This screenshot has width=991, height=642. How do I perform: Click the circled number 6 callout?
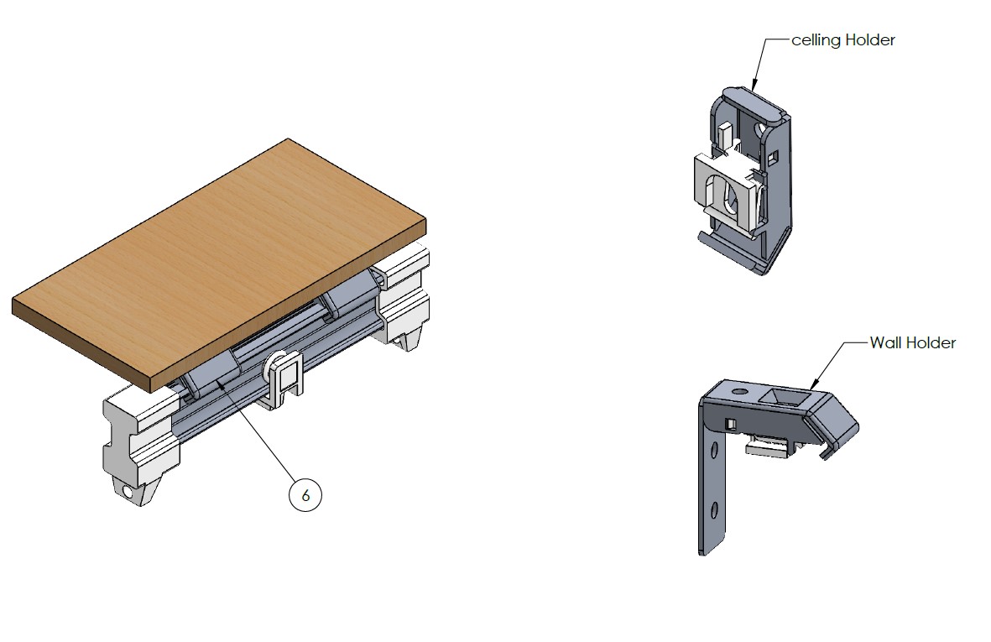pyautogui.click(x=305, y=495)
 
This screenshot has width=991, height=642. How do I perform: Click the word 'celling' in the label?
pyautogui.click(x=816, y=40)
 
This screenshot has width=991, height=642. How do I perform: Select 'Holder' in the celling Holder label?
pyautogui.click(x=870, y=39)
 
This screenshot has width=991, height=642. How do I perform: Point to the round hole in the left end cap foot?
pyautogui.click(x=128, y=492)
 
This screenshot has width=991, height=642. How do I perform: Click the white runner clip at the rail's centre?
pyautogui.click(x=282, y=379)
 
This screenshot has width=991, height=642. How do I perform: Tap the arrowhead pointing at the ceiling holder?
pyautogui.click(x=754, y=82)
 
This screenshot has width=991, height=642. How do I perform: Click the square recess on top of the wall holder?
pyautogui.click(x=781, y=397)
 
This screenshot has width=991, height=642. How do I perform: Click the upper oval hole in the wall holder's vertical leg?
pyautogui.click(x=715, y=450)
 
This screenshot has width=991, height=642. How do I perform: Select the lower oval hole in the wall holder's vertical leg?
pyautogui.click(x=714, y=509)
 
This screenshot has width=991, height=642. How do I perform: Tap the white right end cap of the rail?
pyautogui.click(x=403, y=297)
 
